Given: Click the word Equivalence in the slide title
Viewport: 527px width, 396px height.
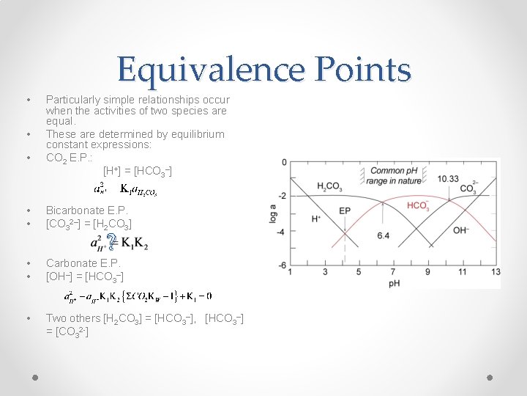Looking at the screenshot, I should pos(208,70).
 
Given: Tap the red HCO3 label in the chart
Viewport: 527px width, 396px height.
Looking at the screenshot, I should pos(418,206).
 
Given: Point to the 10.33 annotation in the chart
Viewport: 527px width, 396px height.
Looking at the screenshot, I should pos(449,178).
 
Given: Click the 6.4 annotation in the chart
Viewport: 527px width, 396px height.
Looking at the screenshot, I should pos(383,235).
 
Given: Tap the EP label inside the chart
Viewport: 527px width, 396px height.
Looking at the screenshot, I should pos(345,210).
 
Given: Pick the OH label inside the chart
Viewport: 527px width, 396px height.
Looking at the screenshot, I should pos(462,230).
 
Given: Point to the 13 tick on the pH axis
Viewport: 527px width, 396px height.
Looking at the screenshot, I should pos(496,272).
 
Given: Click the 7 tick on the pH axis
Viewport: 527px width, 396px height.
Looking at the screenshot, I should pos(393,272).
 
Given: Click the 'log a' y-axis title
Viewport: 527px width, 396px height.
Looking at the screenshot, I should pos(272,213).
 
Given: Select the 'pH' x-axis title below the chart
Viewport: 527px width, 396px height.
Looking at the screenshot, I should pos(394,283).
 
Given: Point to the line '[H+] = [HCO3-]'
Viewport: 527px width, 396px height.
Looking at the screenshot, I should pos(138,171).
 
